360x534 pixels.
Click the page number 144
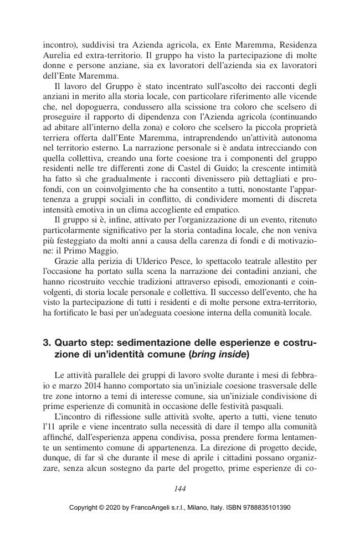click(179, 488)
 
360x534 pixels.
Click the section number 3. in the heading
click(47, 343)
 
